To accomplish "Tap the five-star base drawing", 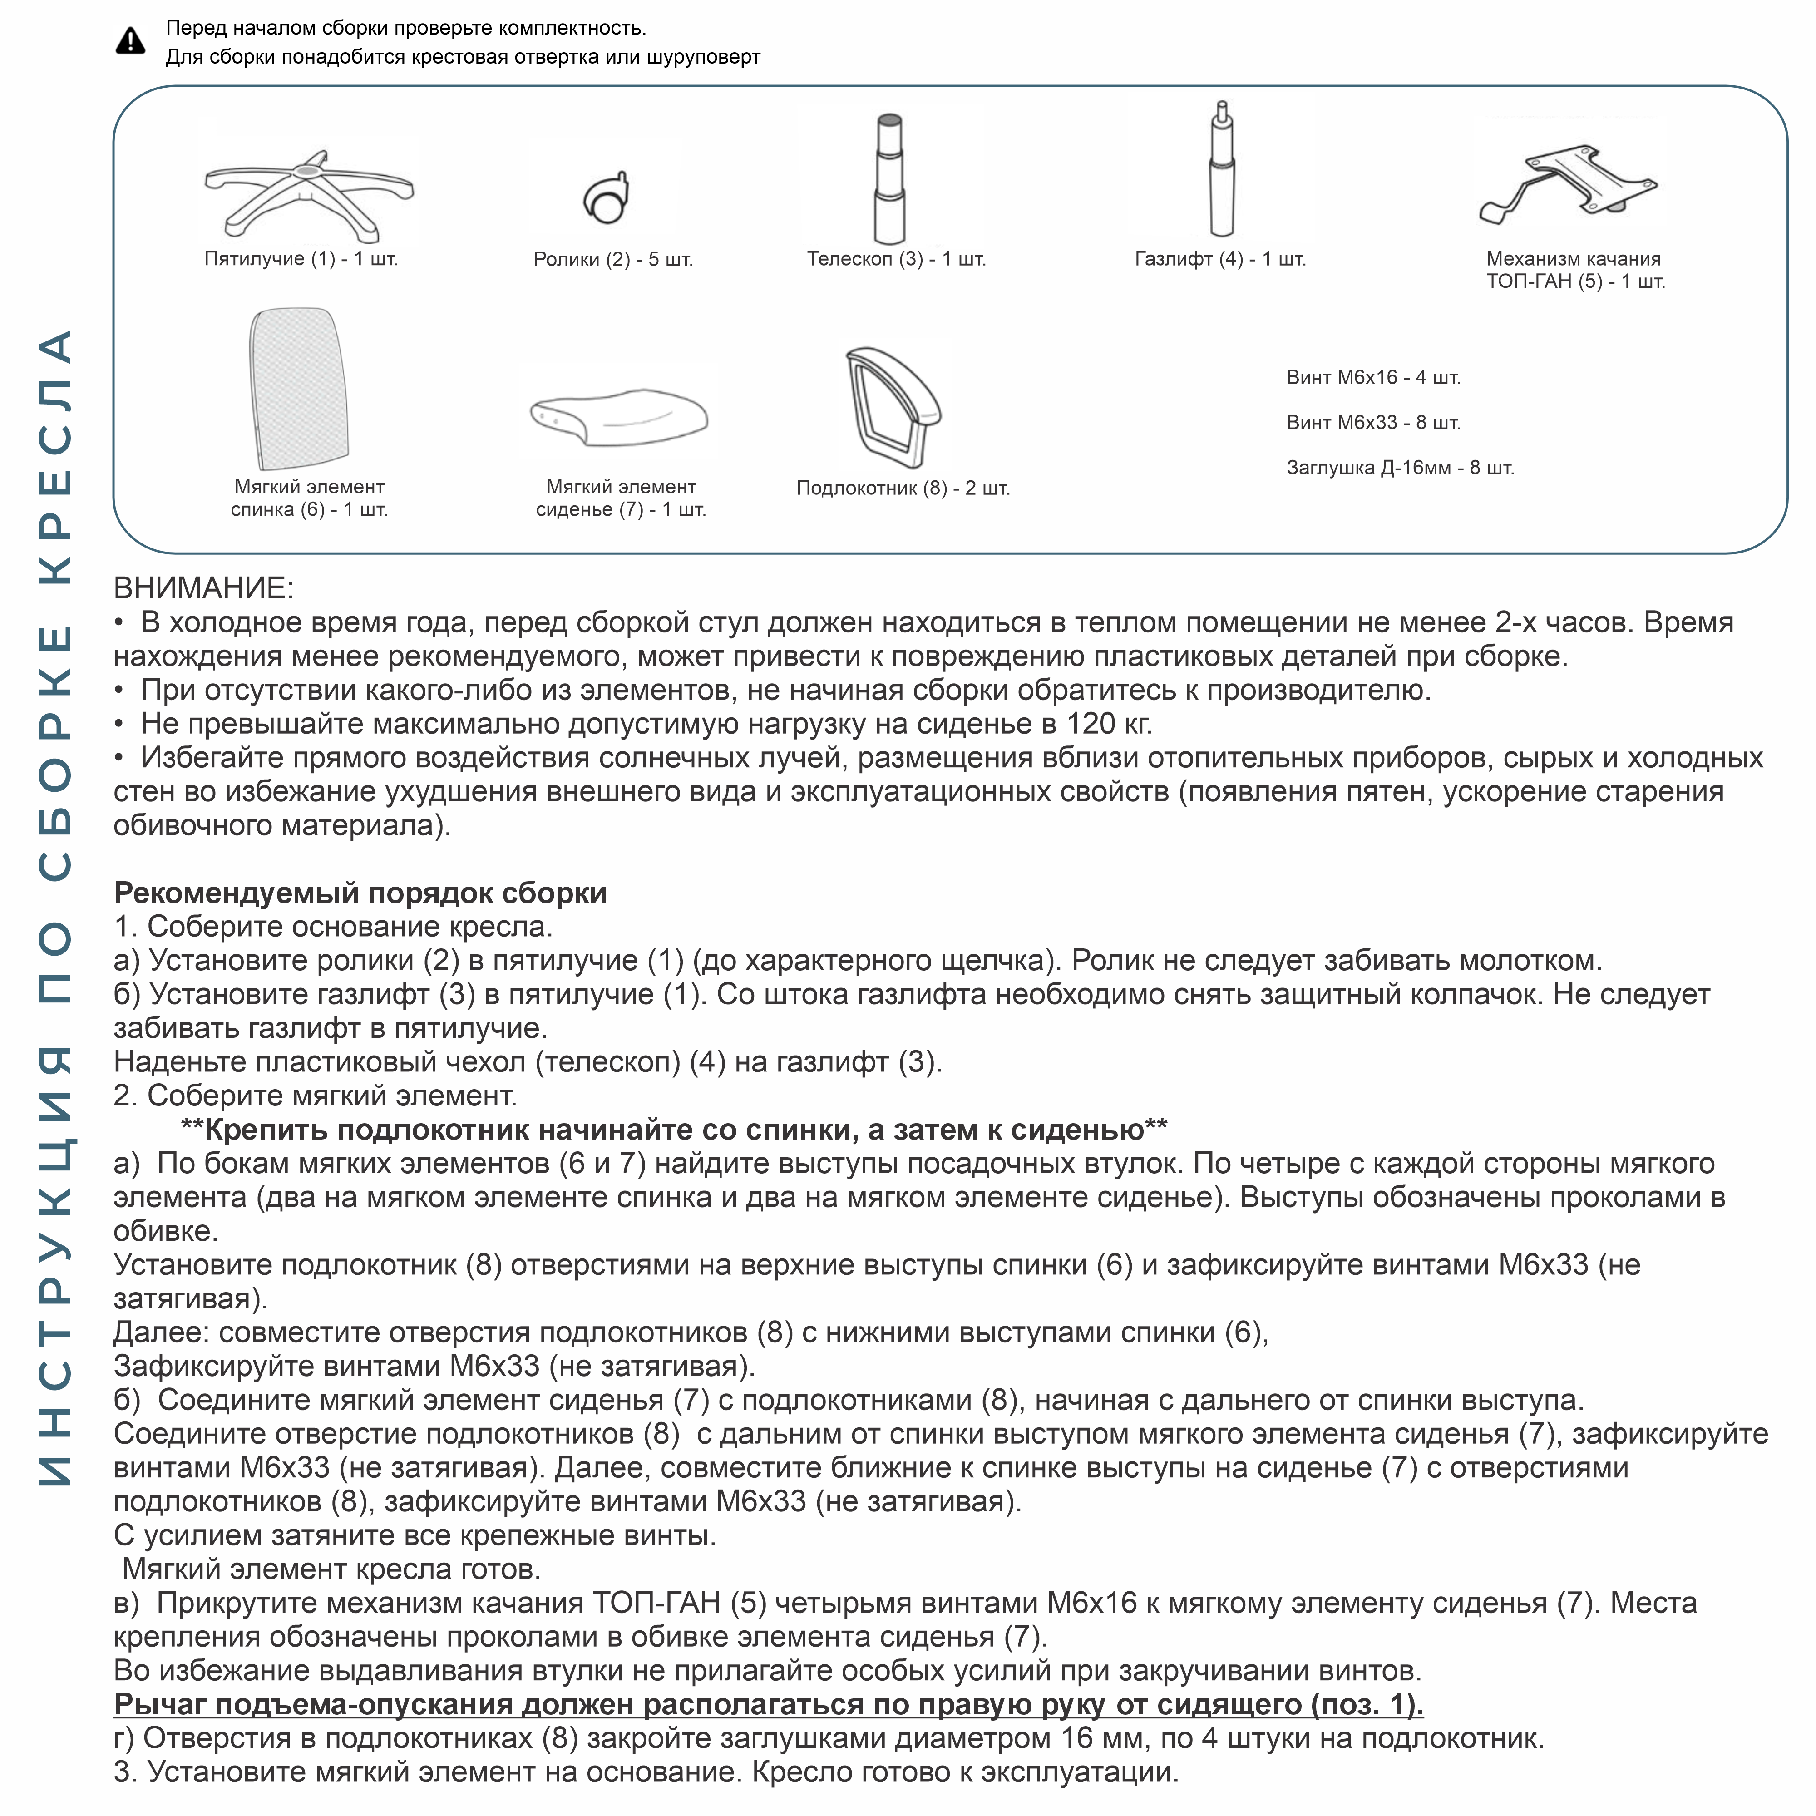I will coord(308,192).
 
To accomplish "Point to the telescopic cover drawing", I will coord(889,178).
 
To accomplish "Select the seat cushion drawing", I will coord(618,415).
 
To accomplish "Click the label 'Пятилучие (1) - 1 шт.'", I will coord(301,258).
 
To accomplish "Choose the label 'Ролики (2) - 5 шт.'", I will coord(613,259).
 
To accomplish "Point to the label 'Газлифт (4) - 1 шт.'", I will coord(1220,258).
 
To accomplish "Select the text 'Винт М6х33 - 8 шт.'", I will coord(1372,423).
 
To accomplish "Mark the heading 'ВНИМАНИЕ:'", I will coord(203,588).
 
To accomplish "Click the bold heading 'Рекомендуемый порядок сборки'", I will coord(360,893).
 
